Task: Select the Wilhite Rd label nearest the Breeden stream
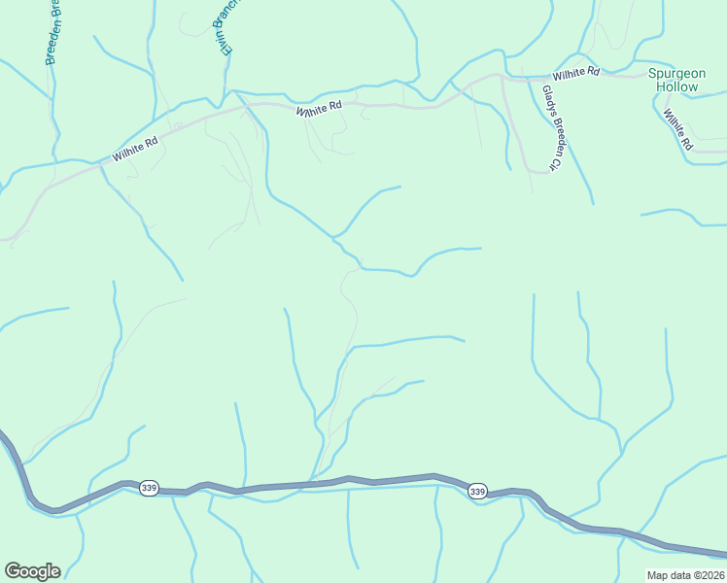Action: (134, 149)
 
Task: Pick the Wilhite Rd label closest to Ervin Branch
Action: (320, 111)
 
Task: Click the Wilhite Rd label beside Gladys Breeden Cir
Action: (577, 73)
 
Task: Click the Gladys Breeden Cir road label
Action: (549, 128)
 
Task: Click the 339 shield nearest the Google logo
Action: (148, 487)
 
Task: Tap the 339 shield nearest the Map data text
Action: (476, 492)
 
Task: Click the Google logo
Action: (32, 571)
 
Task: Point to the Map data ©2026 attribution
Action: (684, 574)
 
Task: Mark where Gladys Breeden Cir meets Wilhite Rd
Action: (502, 77)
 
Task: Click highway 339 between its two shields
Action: (311, 484)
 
